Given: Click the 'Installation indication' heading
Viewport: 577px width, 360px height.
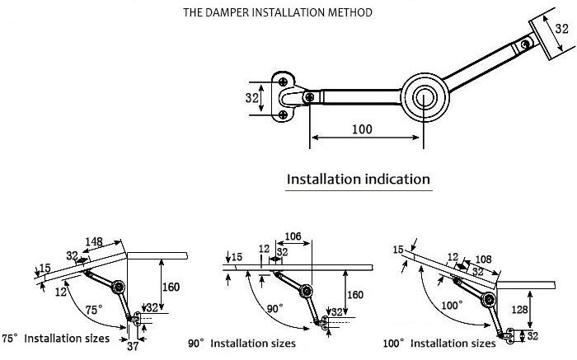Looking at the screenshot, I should (358, 179).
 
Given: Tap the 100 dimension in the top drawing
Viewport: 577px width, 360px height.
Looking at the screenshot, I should (361, 129).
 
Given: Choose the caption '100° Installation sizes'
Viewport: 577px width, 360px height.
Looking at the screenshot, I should (440, 343).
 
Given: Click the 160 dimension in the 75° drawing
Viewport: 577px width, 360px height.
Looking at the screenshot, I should (172, 288).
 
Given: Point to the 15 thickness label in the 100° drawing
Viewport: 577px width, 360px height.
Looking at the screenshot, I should (399, 250).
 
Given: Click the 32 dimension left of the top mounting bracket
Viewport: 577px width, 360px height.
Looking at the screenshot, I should (253, 97).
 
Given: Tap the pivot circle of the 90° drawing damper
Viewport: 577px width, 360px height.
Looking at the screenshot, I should (307, 290).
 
